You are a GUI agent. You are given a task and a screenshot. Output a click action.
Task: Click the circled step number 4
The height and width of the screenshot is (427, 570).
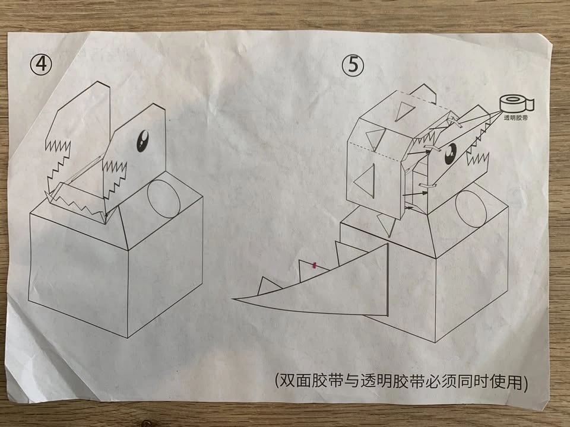click(x=41, y=65)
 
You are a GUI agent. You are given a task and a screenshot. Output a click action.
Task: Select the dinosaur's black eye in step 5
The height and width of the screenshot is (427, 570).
click(x=451, y=154)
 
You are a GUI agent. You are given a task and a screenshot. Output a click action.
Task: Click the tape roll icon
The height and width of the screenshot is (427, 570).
click(x=516, y=103)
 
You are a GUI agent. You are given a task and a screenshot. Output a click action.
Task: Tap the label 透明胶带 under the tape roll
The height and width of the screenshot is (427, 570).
click(x=516, y=117)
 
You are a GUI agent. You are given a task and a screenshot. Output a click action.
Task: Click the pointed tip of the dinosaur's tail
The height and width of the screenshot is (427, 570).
click(x=233, y=299)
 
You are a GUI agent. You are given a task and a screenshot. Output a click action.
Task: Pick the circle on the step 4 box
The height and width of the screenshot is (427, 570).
click(x=164, y=199)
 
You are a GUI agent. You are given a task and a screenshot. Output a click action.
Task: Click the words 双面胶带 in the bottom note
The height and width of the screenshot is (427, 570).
click(x=310, y=381)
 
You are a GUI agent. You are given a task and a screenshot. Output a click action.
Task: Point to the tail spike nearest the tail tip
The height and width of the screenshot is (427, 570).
click(x=268, y=286)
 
